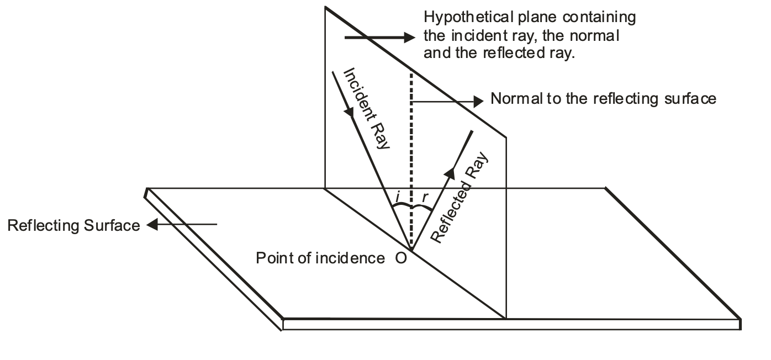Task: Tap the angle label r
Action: coord(425,195)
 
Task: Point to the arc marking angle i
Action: coord(401,207)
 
